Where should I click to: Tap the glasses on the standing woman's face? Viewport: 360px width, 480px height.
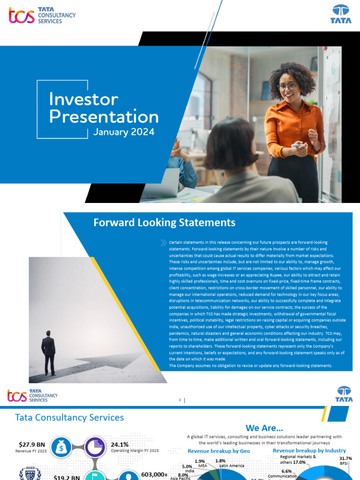coord(287,86)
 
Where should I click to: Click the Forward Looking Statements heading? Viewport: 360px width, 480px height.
coord(164,222)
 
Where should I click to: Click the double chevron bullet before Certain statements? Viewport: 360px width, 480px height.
coord(163,242)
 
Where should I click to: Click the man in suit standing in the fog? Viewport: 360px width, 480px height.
coord(48,352)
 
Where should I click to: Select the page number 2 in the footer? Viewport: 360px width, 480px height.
coord(180,400)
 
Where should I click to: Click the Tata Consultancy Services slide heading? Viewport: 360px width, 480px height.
coord(69,417)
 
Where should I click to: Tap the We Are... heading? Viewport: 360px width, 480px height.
coord(264,427)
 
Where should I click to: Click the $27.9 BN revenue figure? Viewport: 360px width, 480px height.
coord(31,444)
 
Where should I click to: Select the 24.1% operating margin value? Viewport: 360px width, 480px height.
coord(120,444)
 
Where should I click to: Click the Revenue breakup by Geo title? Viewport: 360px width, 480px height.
coord(219,451)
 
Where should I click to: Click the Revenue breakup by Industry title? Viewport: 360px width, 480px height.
coord(309,450)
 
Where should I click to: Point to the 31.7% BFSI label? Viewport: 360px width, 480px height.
coord(346,460)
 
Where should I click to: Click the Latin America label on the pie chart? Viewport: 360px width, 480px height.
coord(231,465)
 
